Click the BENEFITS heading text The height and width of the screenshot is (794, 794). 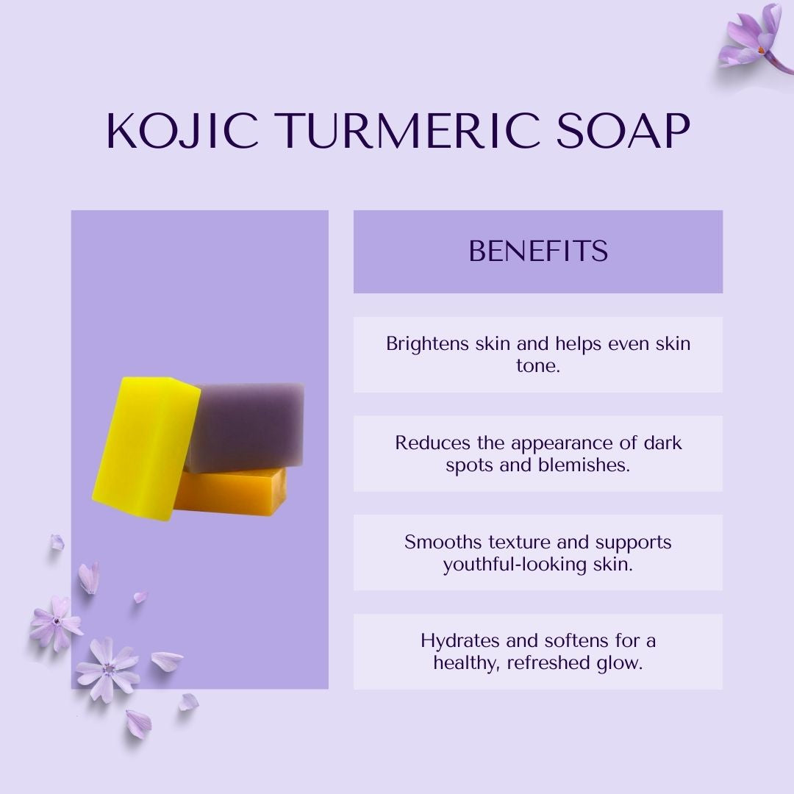pyautogui.click(x=538, y=251)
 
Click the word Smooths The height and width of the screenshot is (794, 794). pyautogui.click(x=436, y=542)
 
